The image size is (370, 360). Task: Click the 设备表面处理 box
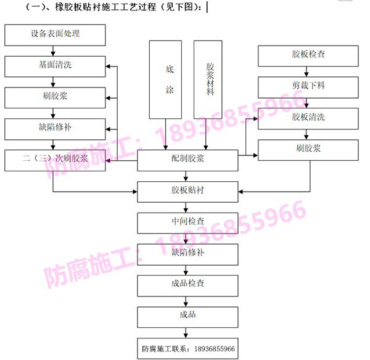coord(55,35)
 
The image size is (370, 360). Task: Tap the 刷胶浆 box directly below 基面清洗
coord(55,97)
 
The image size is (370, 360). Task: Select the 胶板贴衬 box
coord(188,192)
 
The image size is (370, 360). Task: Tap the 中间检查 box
coord(188,223)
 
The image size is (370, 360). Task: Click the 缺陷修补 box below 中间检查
coord(188,253)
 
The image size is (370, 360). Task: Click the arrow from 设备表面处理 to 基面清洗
coord(55,51)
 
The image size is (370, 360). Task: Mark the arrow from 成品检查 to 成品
coord(188,300)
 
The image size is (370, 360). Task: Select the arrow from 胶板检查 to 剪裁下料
coord(308,72)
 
